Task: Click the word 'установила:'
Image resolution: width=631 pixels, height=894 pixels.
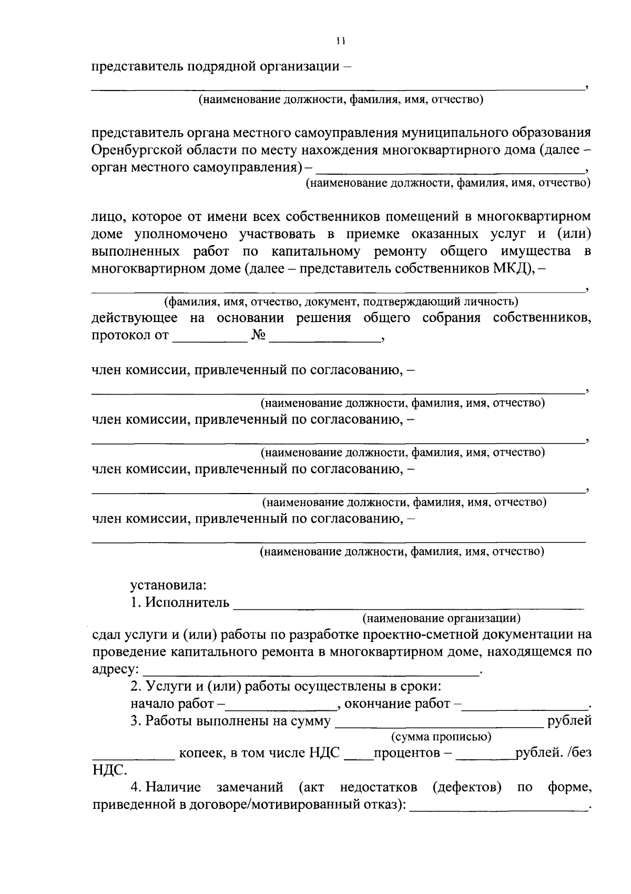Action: (168, 585)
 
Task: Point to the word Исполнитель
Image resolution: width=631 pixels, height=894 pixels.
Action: (188, 602)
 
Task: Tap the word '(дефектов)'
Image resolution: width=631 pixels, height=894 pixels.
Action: (466, 788)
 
